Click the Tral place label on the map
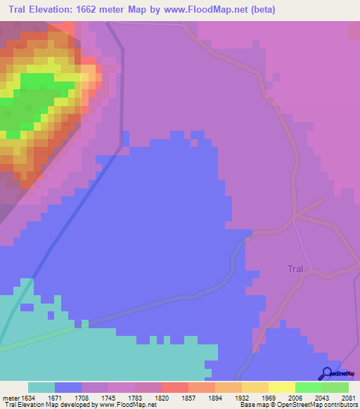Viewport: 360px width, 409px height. point(296,268)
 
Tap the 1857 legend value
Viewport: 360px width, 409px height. point(188,397)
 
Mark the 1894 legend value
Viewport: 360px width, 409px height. point(215,397)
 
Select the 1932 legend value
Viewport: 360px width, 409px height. point(242,397)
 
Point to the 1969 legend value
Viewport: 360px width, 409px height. point(269,397)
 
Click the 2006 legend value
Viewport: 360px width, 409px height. point(295,397)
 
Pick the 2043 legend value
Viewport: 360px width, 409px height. point(322,397)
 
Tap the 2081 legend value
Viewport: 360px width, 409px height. point(348,397)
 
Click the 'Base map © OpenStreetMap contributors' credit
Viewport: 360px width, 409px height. point(297,405)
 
